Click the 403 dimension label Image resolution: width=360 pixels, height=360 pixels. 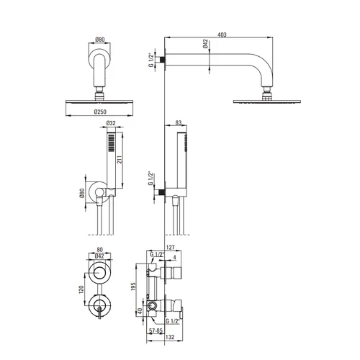(x=222, y=35)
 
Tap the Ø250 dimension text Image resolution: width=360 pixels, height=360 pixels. (x=100, y=112)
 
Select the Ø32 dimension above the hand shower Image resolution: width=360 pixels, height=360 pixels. (x=111, y=123)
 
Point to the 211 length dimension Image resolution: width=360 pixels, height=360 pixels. (x=120, y=160)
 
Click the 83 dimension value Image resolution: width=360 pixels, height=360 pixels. (x=179, y=122)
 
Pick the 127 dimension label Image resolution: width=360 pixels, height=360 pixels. (x=171, y=248)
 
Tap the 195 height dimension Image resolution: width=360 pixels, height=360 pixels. (x=133, y=287)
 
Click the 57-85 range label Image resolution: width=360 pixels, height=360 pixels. (x=156, y=330)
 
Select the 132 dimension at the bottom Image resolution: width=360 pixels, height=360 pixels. (x=170, y=337)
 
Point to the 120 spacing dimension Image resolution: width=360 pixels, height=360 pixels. (x=81, y=289)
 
